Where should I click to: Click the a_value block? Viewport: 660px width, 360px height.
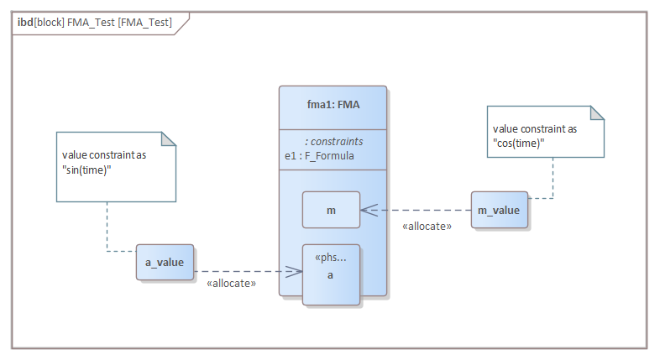(165, 263)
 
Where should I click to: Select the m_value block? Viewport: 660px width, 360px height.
(499, 210)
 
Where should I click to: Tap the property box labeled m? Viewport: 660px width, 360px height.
(331, 210)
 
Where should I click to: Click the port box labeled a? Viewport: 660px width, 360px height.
(331, 274)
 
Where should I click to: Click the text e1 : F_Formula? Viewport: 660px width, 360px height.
(319, 155)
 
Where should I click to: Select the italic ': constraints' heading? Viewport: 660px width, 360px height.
(334, 142)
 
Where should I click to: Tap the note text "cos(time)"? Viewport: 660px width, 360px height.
(518, 142)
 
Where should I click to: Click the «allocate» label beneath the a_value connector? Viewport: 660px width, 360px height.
(231, 284)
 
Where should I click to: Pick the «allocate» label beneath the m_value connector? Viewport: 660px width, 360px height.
(427, 226)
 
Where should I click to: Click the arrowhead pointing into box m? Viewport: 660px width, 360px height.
(368, 210)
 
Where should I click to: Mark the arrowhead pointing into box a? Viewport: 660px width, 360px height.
(295, 271)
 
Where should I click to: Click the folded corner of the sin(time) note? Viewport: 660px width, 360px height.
(170, 139)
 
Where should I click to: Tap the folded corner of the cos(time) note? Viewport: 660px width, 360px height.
(597, 113)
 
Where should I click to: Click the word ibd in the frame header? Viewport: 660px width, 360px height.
(25, 23)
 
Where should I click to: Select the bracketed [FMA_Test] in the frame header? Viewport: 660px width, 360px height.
(144, 23)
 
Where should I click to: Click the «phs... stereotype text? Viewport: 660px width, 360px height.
(330, 257)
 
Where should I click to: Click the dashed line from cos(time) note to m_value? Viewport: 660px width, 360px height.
(553, 180)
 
